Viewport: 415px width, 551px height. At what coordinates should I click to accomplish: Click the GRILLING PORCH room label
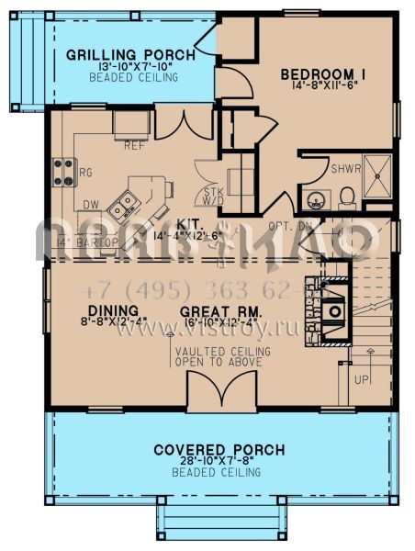point(130,55)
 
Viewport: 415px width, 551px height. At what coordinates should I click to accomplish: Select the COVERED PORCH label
point(219,450)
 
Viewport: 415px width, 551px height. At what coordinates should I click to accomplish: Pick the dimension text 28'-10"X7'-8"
point(219,461)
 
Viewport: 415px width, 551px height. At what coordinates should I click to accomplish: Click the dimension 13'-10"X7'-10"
point(130,67)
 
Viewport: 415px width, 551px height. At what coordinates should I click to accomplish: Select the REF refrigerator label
point(134,145)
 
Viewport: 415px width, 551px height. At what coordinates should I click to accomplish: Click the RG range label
point(87,172)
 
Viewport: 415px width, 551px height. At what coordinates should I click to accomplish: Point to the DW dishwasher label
point(90,205)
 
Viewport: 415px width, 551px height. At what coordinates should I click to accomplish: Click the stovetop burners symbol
point(63,171)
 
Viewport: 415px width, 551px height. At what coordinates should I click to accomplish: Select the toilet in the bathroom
point(347,196)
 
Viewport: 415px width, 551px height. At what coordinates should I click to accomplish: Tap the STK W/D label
point(212,195)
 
